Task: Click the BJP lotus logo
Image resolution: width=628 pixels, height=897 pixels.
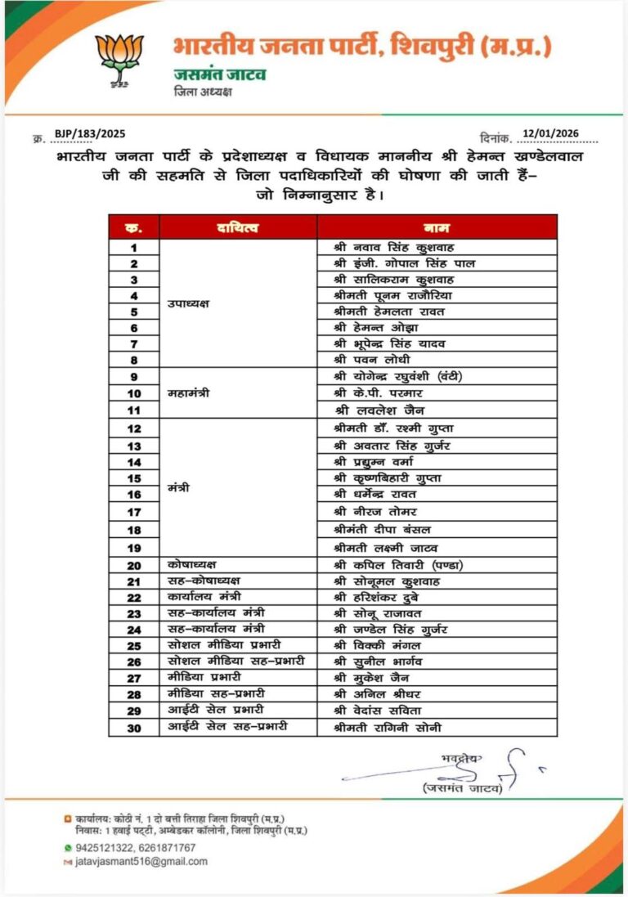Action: pos(119,60)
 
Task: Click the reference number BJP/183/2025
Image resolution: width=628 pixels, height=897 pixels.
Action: pos(90,133)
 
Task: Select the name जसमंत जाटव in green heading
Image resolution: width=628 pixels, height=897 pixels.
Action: pos(220,74)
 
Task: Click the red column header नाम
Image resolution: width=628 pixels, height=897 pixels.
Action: pos(437,227)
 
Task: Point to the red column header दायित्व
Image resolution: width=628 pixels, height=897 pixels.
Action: pos(238,227)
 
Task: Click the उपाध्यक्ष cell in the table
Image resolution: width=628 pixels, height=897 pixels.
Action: pos(189,303)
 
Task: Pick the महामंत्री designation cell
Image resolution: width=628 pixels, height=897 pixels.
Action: pos(189,393)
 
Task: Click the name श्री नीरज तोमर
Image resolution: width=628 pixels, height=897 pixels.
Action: pos(375,512)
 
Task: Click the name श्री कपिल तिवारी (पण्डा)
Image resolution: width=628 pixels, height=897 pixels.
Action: pos(394,565)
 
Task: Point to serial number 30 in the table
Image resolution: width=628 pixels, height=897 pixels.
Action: pos(133,727)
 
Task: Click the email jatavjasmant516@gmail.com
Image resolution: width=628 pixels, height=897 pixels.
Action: pos(141,861)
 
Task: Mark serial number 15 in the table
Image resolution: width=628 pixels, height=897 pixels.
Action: pos(133,478)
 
